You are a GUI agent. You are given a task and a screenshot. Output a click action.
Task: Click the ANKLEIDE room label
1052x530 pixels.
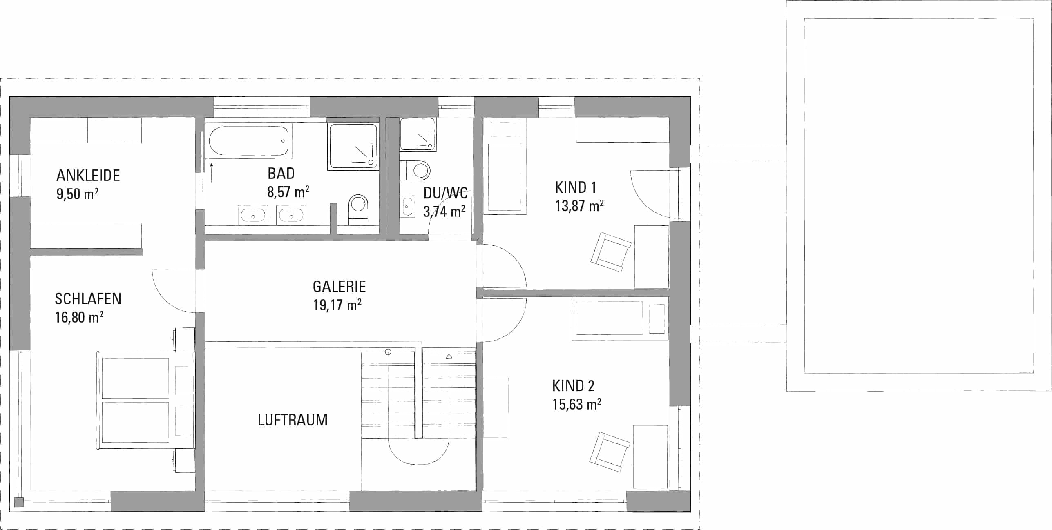pos(88,176)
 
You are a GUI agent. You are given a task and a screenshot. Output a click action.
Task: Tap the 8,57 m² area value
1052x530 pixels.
pos(288,192)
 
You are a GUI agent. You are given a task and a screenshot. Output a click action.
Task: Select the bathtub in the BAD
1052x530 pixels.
pos(248,140)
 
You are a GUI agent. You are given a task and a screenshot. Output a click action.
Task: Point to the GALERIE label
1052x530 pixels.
pos(339,287)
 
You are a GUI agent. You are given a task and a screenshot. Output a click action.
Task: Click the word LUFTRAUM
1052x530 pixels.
pos(293,420)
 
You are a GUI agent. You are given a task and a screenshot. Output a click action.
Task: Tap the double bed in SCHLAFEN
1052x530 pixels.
pos(145,401)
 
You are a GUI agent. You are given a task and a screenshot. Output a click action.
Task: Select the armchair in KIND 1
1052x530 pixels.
pos(611,252)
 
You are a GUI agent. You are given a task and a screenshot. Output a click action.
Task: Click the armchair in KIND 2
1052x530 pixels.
pos(610,452)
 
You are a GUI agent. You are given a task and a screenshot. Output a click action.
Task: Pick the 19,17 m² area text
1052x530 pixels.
pos(337,305)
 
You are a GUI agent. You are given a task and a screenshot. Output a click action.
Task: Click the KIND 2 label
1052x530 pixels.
pos(573,386)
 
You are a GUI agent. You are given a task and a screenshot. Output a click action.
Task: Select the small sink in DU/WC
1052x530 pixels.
pos(407,206)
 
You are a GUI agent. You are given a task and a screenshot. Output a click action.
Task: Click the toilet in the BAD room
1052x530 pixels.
pos(358,209)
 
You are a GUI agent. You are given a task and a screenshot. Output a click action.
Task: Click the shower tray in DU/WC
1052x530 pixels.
pos(418,134)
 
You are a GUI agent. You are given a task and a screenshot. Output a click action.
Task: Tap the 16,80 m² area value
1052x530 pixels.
pos(79,317)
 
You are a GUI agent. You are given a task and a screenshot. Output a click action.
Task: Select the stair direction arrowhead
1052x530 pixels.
pos(449,356)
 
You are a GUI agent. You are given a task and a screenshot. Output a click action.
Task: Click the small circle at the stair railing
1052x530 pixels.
pos(388,352)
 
